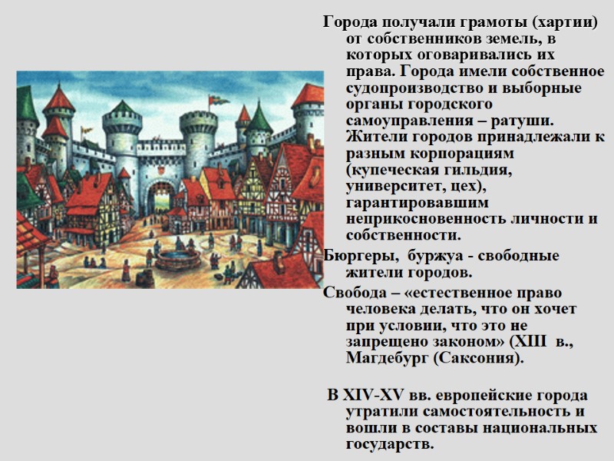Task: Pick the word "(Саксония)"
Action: [x=481, y=359]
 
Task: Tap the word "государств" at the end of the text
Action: [x=388, y=445]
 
